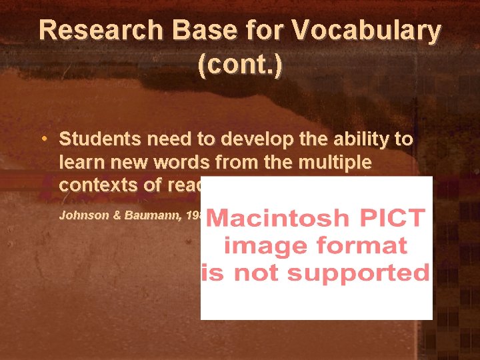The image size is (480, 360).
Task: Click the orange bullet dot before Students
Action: pyautogui.click(x=43, y=139)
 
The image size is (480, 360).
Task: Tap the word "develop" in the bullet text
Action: pyautogui.click(x=255, y=139)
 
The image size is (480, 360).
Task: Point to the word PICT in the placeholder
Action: pyautogui.click(x=390, y=219)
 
